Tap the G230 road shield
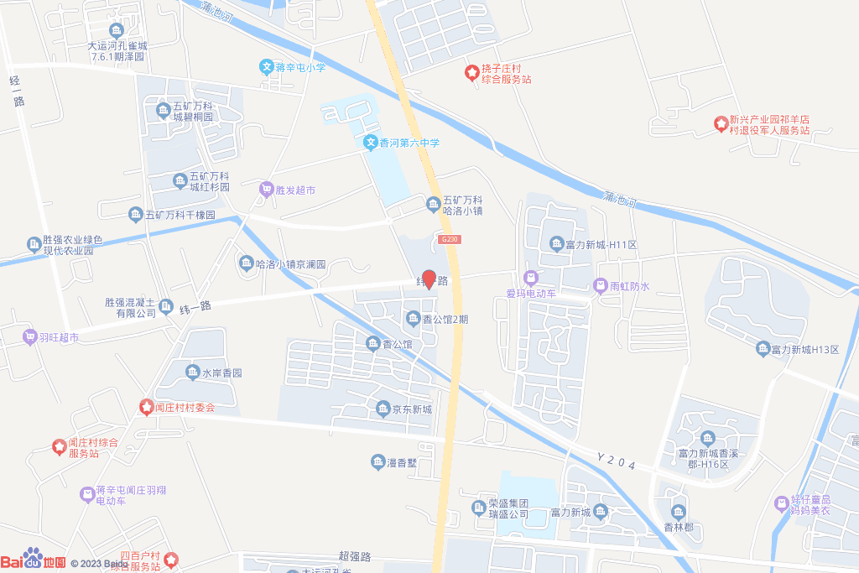pyautogui.click(x=449, y=240)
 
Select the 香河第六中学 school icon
pyautogui.click(x=370, y=143)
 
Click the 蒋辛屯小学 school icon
pyautogui.click(x=266, y=67)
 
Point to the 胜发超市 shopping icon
pyautogui.click(x=267, y=190)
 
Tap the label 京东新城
pyautogui.click(x=411, y=409)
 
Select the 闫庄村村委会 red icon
pyautogui.click(x=146, y=407)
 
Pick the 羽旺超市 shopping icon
pyautogui.click(x=30, y=337)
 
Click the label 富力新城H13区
pyautogui.click(x=805, y=349)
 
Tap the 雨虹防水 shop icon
pyautogui.click(x=601, y=286)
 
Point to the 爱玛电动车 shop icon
pyautogui.click(x=530, y=277)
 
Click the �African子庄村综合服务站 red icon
pyautogui.click(x=472, y=73)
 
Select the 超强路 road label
pyautogui.click(x=355, y=556)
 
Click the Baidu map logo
pyautogui.click(x=34, y=560)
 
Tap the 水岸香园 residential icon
pyautogui.click(x=190, y=372)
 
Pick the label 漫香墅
pyautogui.click(x=402, y=462)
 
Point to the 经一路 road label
pyautogui.click(x=16, y=91)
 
